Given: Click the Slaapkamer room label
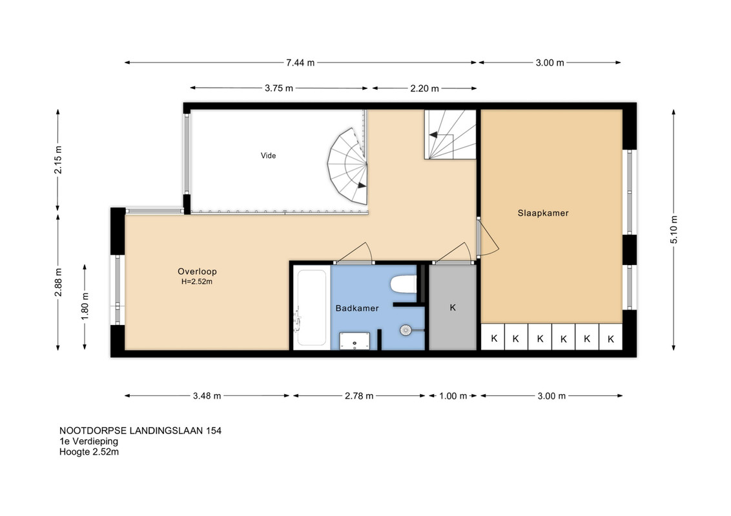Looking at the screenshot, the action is pos(543,213).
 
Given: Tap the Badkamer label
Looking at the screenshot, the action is pos(357,308).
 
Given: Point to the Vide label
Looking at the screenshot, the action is pos(268,155).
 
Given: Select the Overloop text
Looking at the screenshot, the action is pos(197,272).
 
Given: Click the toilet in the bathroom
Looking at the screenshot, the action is pos(403,284).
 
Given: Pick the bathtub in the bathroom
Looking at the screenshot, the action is pos(311,308).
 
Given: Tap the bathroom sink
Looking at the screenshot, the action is pos(355,341).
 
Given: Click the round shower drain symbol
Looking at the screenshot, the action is pos(406,330).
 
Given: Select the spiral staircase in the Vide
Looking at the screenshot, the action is pos(347,166).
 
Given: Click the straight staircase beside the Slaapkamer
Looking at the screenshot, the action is pos(450,135).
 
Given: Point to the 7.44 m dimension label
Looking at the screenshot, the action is pos(300,63).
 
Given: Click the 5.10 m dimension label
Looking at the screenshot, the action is pos(674,230).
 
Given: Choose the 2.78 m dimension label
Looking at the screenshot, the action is pos(359,396).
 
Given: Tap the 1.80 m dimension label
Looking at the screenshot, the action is pos(85,306).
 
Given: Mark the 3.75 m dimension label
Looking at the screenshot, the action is pos(279,88).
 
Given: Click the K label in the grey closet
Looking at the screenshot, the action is pos(453,308).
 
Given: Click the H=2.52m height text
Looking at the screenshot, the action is pos(197,282).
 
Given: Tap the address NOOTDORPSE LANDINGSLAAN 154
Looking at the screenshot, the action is pos(140,431).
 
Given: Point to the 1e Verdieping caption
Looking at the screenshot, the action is pos(88,441).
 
